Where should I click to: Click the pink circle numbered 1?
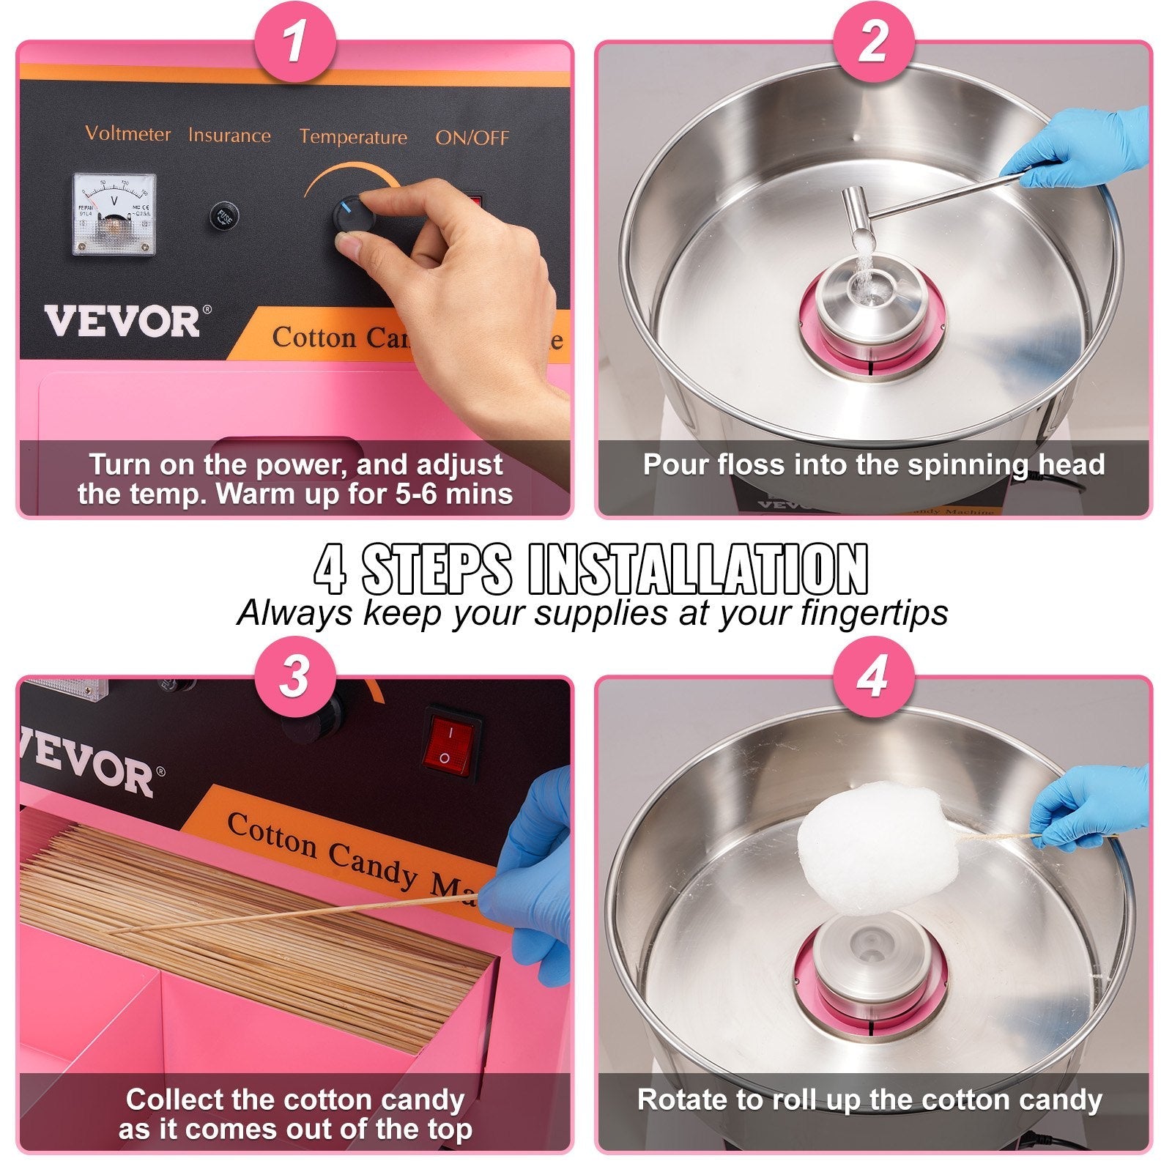coord(294,42)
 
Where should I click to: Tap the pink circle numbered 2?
coord(873,42)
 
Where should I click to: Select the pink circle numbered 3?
coord(294,676)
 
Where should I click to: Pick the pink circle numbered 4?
coord(873,676)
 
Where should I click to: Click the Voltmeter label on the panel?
coord(127,134)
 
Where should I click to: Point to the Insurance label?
coord(229,136)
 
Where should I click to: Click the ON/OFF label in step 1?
coord(472,138)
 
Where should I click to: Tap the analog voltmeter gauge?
coord(114,215)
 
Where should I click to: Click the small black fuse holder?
coord(222,217)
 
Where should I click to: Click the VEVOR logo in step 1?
coord(121,321)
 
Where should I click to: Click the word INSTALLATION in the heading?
coord(697,568)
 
